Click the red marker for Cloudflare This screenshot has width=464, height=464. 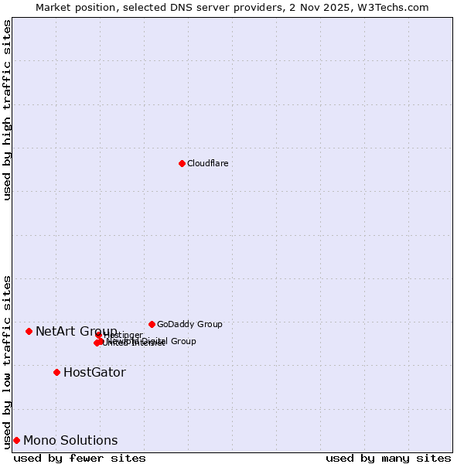coord(182,163)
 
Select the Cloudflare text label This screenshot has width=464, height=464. coord(208,163)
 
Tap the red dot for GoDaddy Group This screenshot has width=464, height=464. coord(152,324)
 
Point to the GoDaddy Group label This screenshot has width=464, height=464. coord(189,324)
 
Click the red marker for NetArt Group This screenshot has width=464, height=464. coord(29,331)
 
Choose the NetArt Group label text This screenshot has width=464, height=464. coord(76,331)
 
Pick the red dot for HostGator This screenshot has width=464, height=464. coord(56,372)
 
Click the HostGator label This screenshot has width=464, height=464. coord(94,372)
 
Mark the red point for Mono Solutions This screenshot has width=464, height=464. coord(16,440)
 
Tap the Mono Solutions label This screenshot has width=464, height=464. coord(70,440)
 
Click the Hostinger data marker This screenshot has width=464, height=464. coord(99,335)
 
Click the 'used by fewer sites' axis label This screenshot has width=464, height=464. coord(80,458)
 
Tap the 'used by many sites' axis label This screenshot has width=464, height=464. coord(388,458)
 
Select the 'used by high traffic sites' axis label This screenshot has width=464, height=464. coord(7,110)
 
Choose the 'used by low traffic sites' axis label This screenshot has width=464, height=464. coord(7,361)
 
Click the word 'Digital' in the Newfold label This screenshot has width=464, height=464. coord(155,341)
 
